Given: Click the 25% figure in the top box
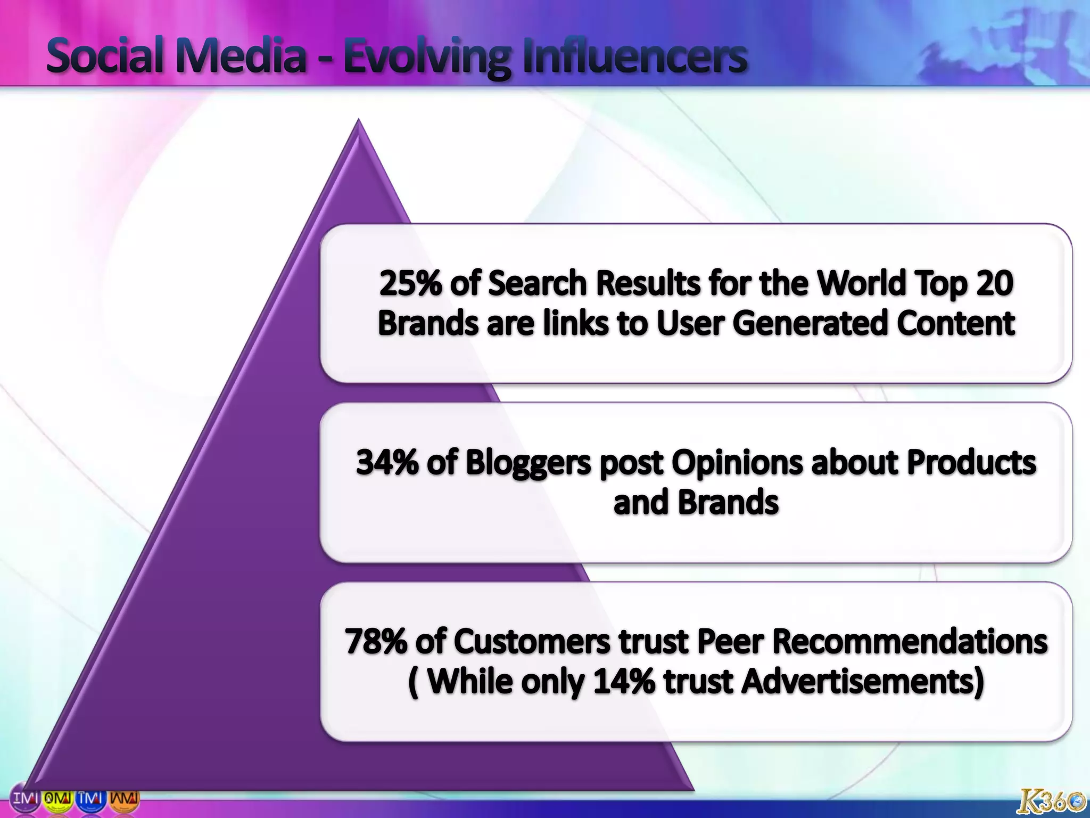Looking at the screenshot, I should [x=410, y=283].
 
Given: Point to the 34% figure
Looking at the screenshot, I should [x=387, y=462].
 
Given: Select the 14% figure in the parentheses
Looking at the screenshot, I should [x=624, y=681].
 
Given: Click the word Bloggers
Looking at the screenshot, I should [x=528, y=463].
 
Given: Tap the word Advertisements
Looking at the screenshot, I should [x=862, y=681].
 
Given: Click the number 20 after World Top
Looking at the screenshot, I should [x=995, y=283].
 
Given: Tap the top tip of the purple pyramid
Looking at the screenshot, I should [x=358, y=121].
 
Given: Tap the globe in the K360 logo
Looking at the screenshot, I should [x=1076, y=801].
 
